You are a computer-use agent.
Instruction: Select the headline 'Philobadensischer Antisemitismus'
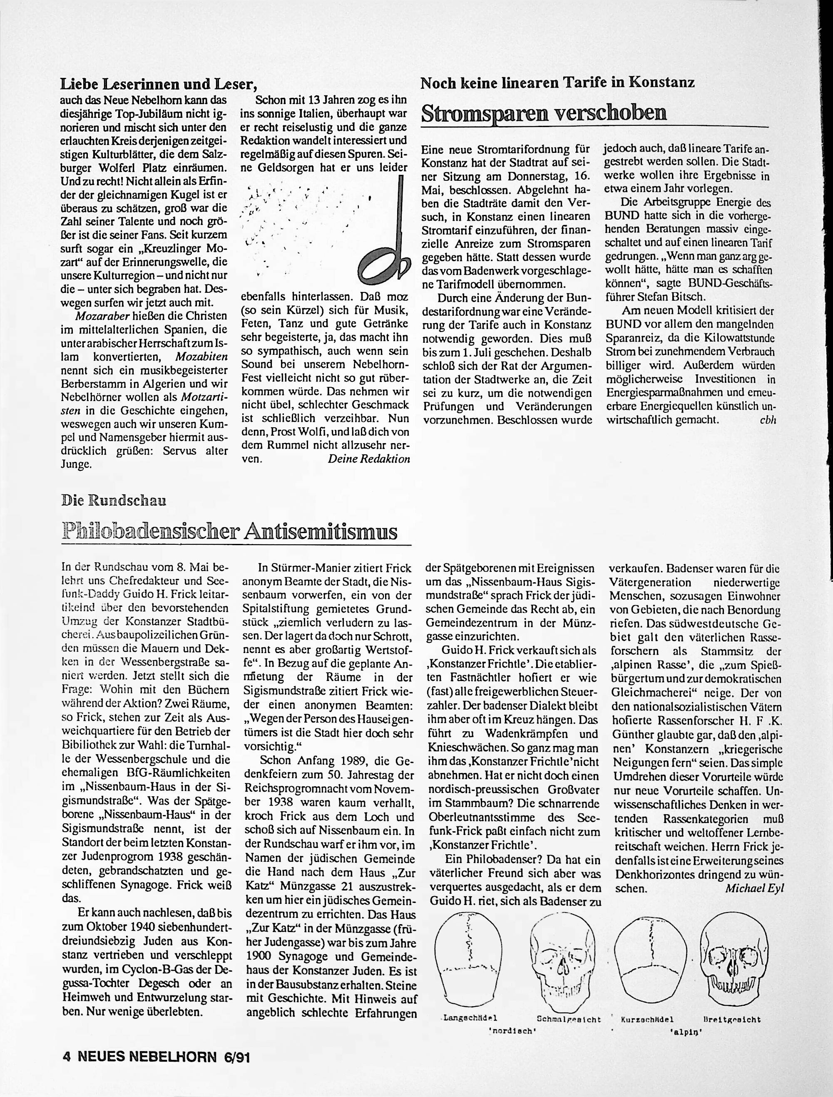[x=230, y=532]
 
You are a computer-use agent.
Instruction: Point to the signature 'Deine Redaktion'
[x=369, y=458]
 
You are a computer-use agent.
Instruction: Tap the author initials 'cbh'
[x=767, y=419]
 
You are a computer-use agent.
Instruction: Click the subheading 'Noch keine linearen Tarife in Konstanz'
[x=557, y=82]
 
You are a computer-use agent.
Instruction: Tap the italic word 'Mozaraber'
[x=102, y=315]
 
